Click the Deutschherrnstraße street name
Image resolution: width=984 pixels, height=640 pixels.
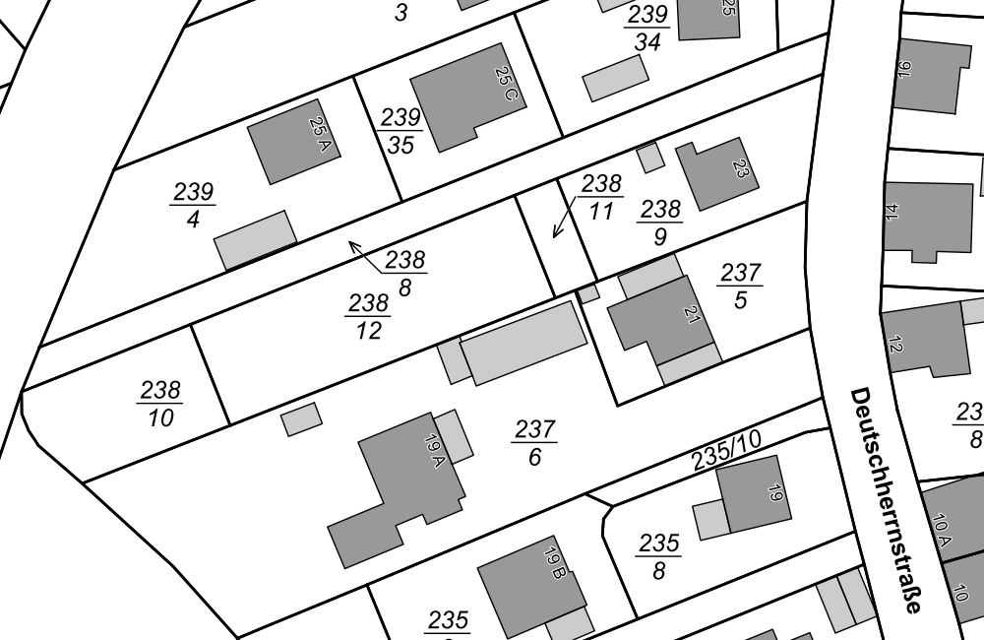pyautogui.click(x=885, y=499)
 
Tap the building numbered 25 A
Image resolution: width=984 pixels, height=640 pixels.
pyautogui.click(x=292, y=142)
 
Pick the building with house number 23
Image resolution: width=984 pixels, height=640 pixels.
pyautogui.click(x=719, y=174)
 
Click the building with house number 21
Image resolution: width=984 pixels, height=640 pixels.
pyautogui.click(x=661, y=320)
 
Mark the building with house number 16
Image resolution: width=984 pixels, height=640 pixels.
pyautogui.click(x=930, y=76)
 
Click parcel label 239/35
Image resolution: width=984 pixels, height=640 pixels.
pyautogui.click(x=400, y=131)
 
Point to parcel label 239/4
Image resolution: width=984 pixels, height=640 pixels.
pyautogui.click(x=193, y=205)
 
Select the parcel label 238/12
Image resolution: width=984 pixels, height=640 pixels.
pyautogui.click(x=368, y=316)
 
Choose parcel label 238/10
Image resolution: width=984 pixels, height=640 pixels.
pyautogui.click(x=159, y=404)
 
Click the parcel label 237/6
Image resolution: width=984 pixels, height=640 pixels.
pyautogui.click(x=534, y=443)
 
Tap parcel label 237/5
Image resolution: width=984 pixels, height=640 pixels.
pyautogui.click(x=740, y=286)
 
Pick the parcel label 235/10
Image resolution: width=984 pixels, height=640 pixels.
pyautogui.click(x=726, y=451)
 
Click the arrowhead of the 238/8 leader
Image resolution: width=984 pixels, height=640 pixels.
pyautogui.click(x=350, y=242)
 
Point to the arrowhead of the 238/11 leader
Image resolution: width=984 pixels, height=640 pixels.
pyautogui.click(x=555, y=236)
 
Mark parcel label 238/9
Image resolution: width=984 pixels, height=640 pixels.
pyautogui.click(x=659, y=223)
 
